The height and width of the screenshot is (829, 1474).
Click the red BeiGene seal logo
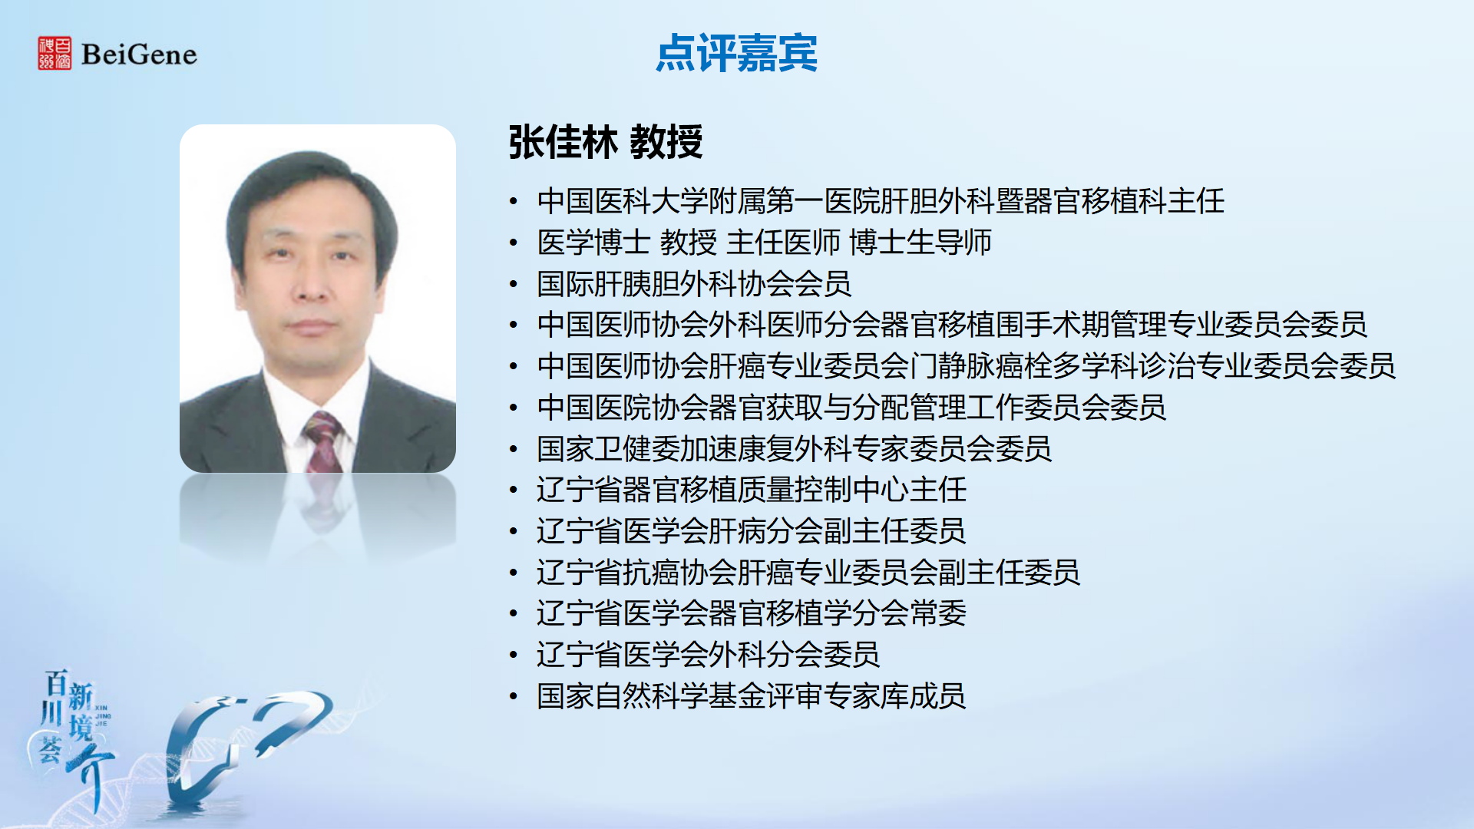coord(55,53)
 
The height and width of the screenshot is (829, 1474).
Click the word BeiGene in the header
coord(139,54)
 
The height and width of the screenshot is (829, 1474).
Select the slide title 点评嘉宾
coord(737,53)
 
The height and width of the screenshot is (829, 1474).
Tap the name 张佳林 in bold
coord(563,142)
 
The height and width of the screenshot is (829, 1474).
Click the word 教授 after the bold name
coord(666,142)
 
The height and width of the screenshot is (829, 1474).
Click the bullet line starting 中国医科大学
coord(881,201)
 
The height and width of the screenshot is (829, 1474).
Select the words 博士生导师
coord(920,243)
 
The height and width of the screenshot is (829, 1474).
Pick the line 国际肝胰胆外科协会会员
coord(694,284)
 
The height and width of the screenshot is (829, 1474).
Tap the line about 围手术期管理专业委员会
coord(952,325)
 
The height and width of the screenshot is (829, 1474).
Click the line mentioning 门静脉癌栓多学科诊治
coord(966,366)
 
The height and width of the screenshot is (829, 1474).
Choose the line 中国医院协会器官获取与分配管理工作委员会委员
coord(851,408)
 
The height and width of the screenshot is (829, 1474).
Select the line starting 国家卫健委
coord(794,449)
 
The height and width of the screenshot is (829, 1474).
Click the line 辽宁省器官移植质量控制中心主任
coord(752,490)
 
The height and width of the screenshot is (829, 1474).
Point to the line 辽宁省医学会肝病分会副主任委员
coord(751,531)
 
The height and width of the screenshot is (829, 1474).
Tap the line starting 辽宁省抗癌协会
coord(808,573)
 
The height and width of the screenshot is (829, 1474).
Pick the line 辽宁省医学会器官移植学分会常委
coord(752,613)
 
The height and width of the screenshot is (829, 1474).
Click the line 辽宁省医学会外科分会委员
coord(708,655)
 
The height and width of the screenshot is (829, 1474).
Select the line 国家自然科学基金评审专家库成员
coord(751,696)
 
